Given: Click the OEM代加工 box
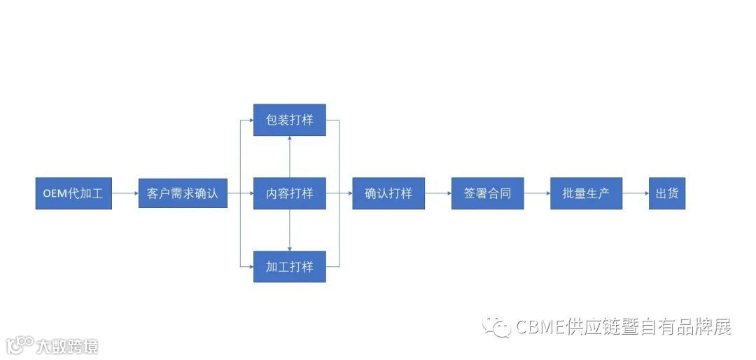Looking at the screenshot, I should pyautogui.click(x=73, y=193).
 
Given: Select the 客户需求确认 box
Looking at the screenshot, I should pyautogui.click(x=183, y=193).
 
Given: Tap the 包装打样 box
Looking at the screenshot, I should pyautogui.click(x=289, y=120).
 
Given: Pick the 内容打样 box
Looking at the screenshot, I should pyautogui.click(x=289, y=193).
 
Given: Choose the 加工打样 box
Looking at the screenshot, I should pyautogui.click(x=289, y=267).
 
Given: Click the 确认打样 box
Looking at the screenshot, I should pyautogui.click(x=388, y=193).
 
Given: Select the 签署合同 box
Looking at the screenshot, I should pyautogui.click(x=487, y=193).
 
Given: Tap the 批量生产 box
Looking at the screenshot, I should pyautogui.click(x=586, y=193).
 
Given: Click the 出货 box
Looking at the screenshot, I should pyautogui.click(x=666, y=193).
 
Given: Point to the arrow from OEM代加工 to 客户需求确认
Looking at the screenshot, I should pyautogui.click(x=125, y=193).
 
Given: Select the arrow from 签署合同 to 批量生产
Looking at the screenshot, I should pyautogui.click(x=537, y=193).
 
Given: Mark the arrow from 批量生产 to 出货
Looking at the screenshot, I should pyautogui.click(x=636, y=193).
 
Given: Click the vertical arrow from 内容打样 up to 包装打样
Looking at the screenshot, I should pyautogui.click(x=289, y=157).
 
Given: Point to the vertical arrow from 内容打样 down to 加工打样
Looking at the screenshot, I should pyautogui.click(x=289, y=230).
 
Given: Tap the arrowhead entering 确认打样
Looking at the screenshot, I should pyautogui.click(x=349, y=193).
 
